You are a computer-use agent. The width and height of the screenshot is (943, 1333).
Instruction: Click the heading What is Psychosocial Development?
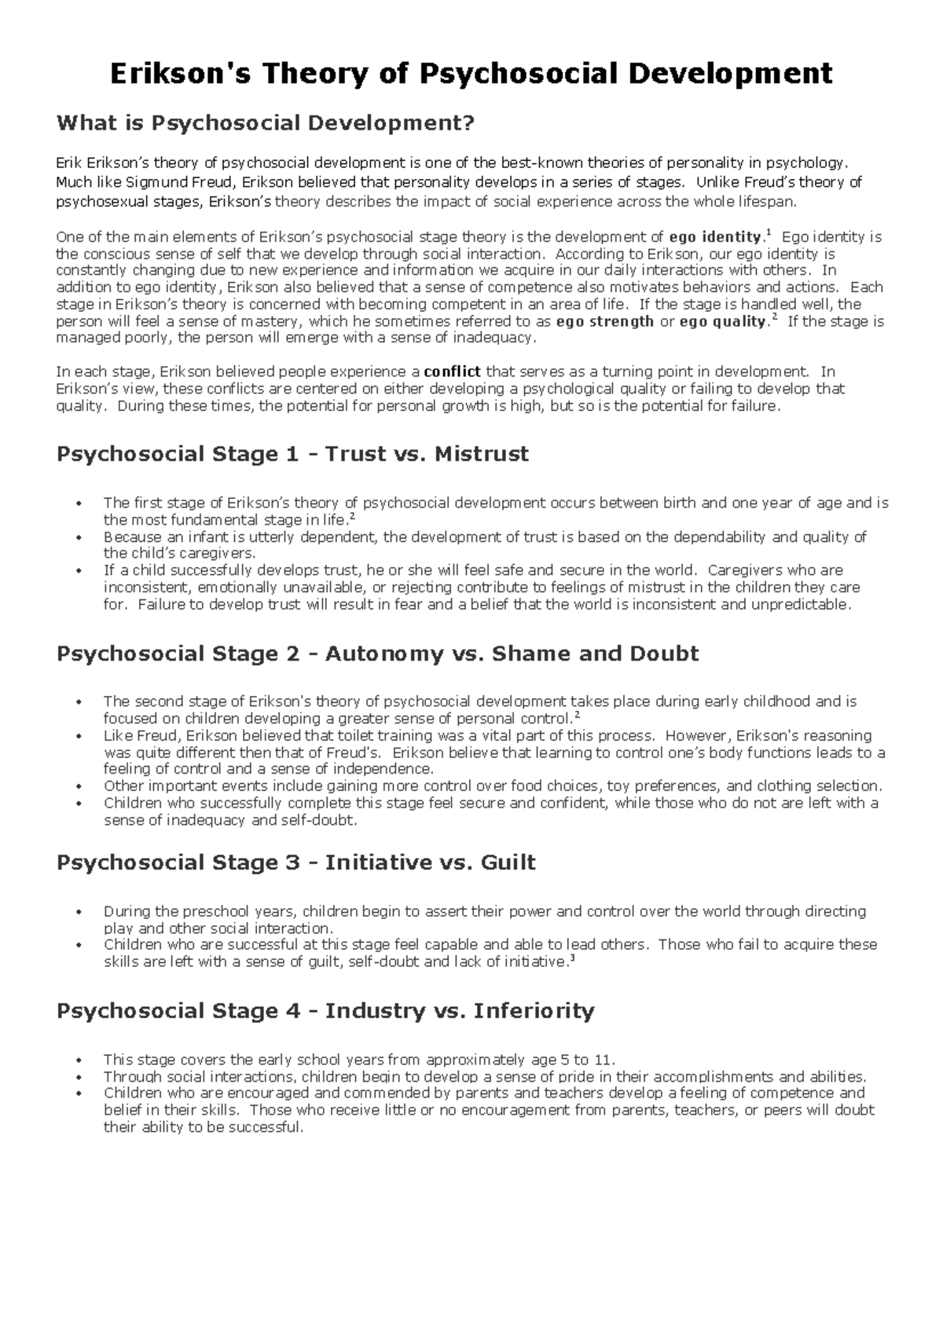(266, 123)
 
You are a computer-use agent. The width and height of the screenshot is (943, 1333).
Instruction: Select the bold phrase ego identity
(714, 237)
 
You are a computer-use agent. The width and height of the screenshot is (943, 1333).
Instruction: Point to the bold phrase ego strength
(604, 321)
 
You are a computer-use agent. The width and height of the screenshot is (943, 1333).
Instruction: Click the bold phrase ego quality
(721, 321)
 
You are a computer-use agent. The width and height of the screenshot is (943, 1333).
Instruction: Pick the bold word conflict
(452, 372)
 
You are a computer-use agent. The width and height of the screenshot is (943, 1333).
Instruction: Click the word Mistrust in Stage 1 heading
(481, 454)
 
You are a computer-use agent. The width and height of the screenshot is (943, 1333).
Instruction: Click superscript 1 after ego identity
(768, 233)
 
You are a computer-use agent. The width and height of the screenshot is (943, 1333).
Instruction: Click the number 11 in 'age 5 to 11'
(606, 1060)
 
